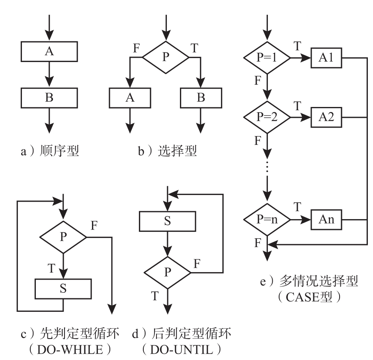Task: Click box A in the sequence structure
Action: point(49,51)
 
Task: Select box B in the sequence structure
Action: point(49,97)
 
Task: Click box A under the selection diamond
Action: point(130,97)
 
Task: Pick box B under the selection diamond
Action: point(201,97)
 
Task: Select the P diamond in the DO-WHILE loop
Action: point(63,237)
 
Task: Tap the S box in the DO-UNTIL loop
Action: point(168,221)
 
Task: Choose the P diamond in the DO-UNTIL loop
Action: point(168,272)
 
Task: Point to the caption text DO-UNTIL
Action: point(182,350)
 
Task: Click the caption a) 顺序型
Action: point(50,151)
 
